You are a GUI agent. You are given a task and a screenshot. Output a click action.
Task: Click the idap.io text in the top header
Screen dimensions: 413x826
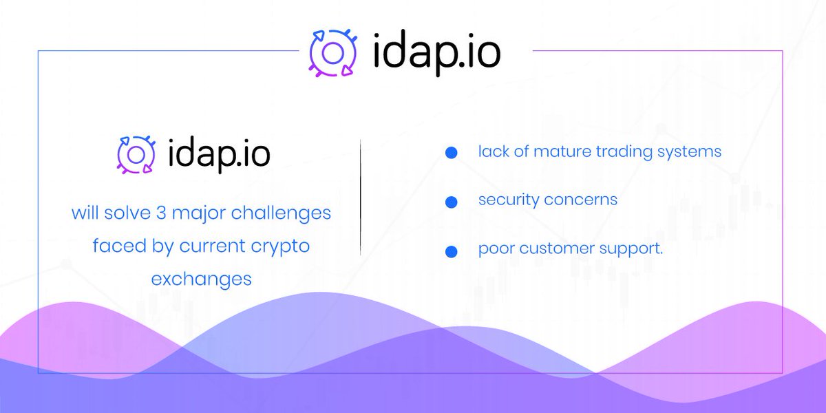pyautogui.click(x=436, y=52)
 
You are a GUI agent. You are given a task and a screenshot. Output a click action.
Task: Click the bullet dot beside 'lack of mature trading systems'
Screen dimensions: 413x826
pyautogui.click(x=451, y=153)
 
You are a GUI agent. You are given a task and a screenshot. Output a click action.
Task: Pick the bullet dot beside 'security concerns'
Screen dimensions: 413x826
pyautogui.click(x=451, y=202)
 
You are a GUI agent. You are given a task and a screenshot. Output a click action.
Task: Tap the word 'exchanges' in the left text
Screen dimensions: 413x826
pyautogui.click(x=201, y=279)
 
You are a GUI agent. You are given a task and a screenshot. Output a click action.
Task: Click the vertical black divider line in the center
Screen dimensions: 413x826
pyautogui.click(x=361, y=197)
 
